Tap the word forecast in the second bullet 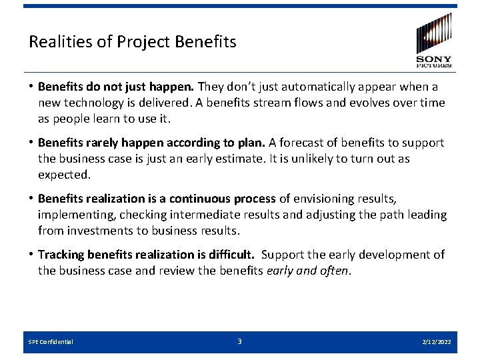pos(302,143)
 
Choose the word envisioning pos(333,199)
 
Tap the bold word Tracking pos(61,255)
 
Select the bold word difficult pos(229,255)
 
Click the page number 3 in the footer pos(240,341)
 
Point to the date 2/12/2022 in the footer pos(436,342)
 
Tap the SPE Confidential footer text pos(51,342)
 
